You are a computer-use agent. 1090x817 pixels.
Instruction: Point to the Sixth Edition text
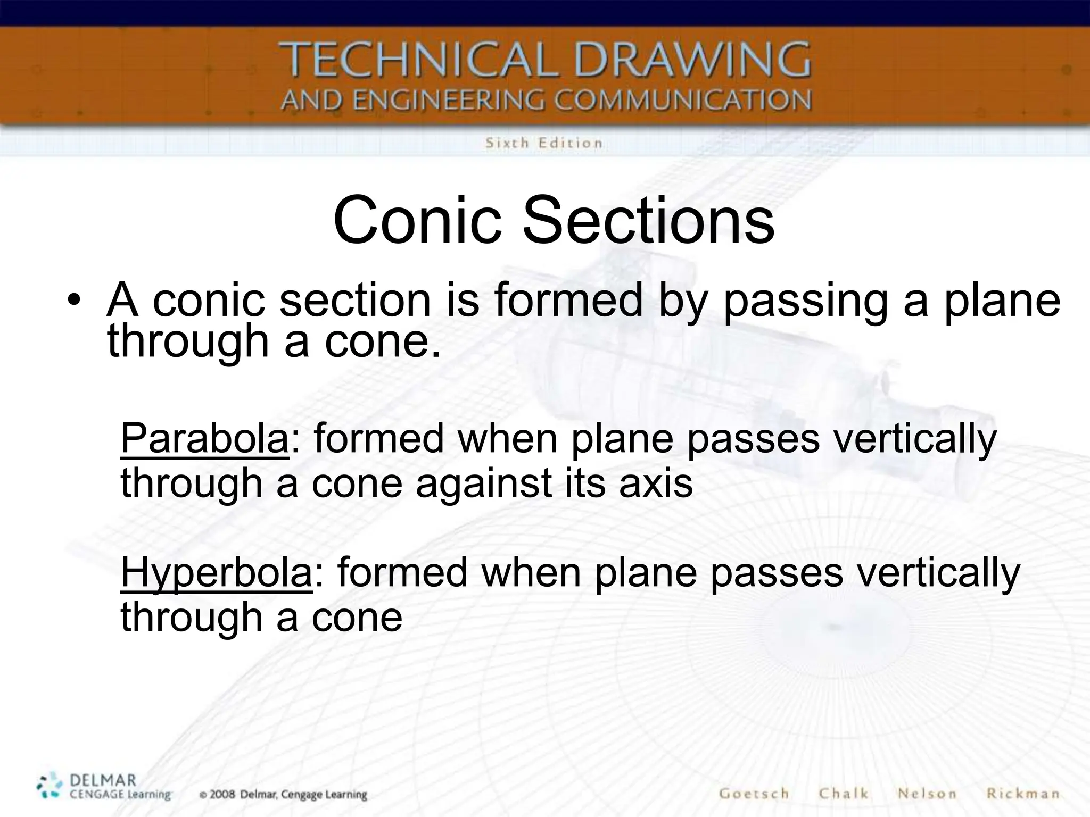[x=543, y=143]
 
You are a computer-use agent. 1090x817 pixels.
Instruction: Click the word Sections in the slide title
[x=648, y=220]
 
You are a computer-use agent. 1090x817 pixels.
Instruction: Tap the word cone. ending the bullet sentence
[x=382, y=341]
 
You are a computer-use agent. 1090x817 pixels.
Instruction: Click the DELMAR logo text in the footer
[x=103, y=781]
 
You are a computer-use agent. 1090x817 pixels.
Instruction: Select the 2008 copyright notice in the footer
[x=284, y=795]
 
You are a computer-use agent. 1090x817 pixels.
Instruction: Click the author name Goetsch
[x=754, y=794]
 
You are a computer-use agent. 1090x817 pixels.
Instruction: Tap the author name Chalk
[x=844, y=794]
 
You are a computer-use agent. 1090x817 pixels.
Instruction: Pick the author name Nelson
[x=927, y=794]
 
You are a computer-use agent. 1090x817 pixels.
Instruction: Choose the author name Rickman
[x=1023, y=794]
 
